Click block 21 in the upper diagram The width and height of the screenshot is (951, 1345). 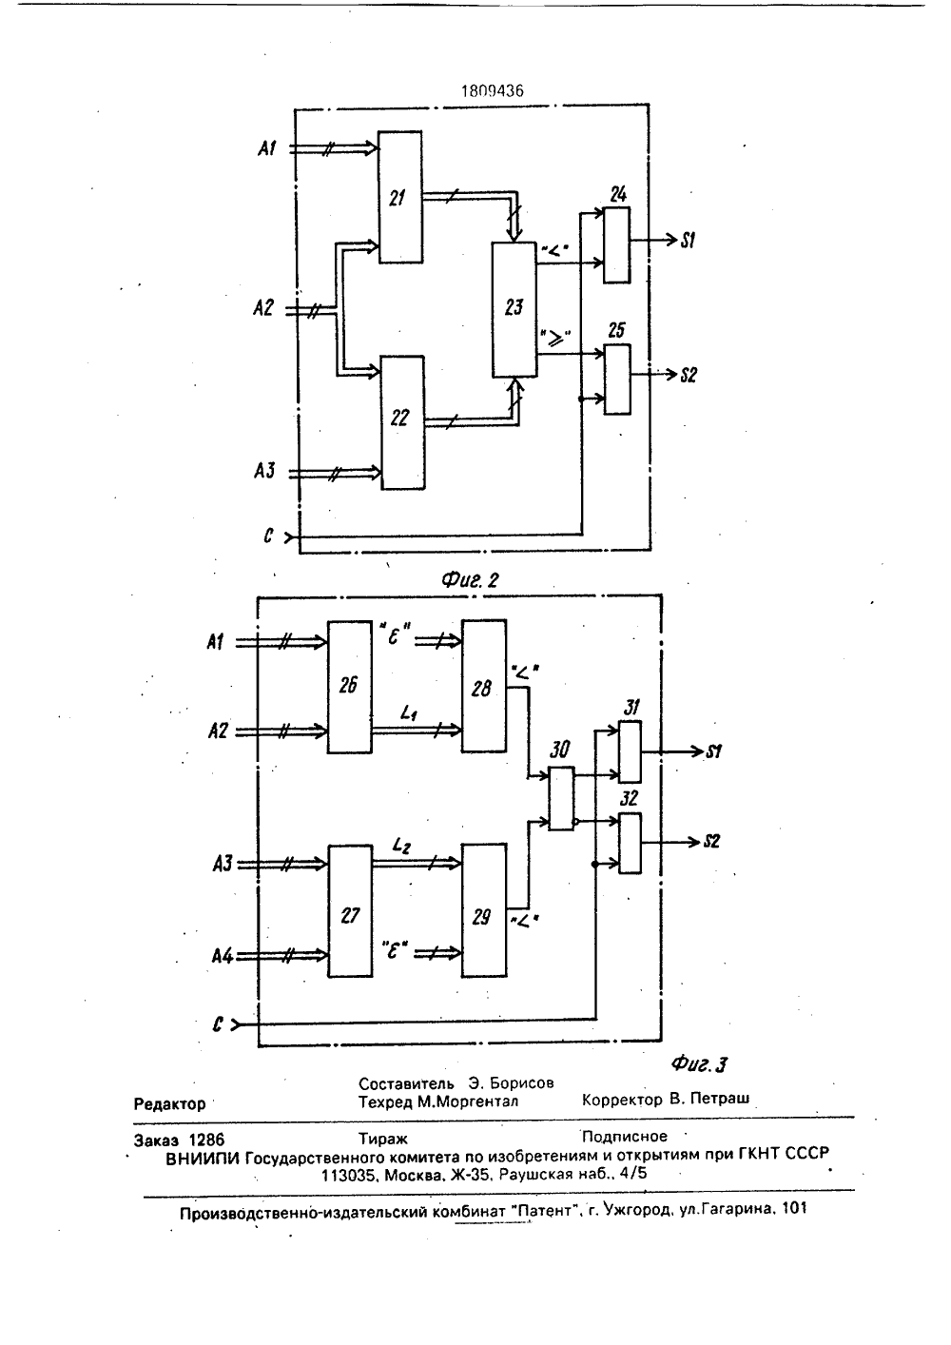(x=400, y=197)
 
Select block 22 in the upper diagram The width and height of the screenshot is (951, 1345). (x=403, y=422)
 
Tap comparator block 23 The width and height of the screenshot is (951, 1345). (x=514, y=309)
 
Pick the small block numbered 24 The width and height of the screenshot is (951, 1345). (x=617, y=245)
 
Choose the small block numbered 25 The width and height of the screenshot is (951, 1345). (x=618, y=379)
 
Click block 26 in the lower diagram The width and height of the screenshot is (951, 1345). (x=349, y=687)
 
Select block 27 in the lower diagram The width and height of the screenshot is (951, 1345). (x=350, y=911)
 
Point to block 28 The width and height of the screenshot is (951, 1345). (x=484, y=686)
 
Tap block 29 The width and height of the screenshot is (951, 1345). (x=484, y=910)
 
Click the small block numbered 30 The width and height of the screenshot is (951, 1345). (x=561, y=799)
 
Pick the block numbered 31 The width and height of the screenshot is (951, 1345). (x=630, y=751)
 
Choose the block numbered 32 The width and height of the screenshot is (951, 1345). (x=630, y=843)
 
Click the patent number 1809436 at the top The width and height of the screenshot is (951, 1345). (x=493, y=90)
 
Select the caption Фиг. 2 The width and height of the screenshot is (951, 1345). (x=471, y=580)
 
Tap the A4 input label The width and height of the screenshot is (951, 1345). (x=223, y=955)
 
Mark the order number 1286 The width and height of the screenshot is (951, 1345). (x=206, y=1140)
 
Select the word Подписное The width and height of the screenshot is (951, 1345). (x=625, y=1136)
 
